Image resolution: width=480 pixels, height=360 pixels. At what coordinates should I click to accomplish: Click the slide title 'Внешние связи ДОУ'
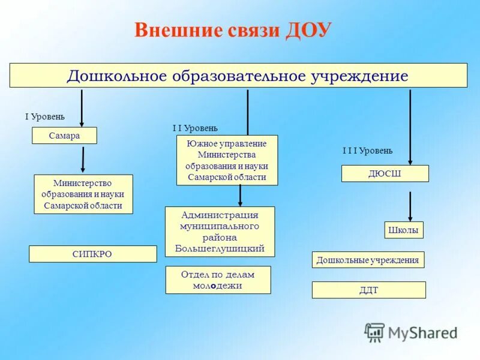[x=233, y=31]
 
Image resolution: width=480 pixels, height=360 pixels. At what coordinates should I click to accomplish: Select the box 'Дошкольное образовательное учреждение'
[x=238, y=76]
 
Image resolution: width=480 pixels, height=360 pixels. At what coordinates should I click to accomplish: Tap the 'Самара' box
[x=64, y=136]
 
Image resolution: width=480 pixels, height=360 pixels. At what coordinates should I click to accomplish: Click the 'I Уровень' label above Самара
[x=44, y=116]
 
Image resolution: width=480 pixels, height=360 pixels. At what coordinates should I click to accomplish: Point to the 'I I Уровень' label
[x=195, y=128]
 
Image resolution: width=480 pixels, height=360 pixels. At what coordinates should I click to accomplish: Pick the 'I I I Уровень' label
[x=367, y=151]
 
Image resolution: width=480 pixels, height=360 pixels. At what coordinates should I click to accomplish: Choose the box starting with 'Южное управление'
[x=227, y=160]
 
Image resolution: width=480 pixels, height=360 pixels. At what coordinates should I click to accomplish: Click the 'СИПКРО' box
[x=92, y=254]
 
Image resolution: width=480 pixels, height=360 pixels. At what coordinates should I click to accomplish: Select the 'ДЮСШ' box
[x=385, y=173]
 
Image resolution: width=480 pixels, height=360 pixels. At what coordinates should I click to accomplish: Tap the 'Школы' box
[x=403, y=230]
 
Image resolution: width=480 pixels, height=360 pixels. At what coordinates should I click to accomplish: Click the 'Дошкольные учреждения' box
[x=368, y=260]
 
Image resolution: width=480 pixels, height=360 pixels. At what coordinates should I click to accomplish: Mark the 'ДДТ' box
[x=368, y=290]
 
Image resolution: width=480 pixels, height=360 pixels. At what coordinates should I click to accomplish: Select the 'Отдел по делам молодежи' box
[x=218, y=280]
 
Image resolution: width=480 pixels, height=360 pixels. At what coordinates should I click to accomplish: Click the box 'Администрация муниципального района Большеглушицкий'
[x=220, y=232]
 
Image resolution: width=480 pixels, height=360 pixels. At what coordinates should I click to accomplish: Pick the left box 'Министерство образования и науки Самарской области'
[x=83, y=194]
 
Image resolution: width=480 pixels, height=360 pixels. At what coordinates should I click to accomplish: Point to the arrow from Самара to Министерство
[x=83, y=160]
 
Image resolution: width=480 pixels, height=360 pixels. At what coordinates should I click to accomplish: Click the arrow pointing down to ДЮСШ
[x=410, y=126]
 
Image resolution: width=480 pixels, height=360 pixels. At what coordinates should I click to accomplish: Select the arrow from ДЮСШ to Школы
[x=410, y=206]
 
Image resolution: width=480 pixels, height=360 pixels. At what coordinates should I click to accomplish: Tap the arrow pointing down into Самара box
[x=81, y=108]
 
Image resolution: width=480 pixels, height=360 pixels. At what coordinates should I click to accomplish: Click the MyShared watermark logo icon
[x=375, y=332]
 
